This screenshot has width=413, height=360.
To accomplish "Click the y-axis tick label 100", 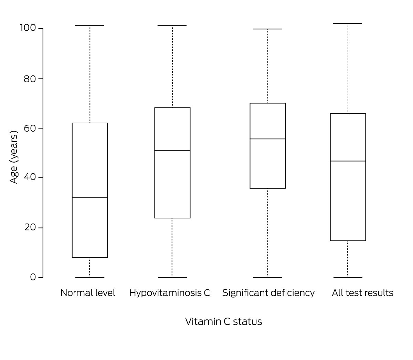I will tap(28, 28).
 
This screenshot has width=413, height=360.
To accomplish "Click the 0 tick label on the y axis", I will tap(33, 277).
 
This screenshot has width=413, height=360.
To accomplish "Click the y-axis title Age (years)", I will tap(14, 157).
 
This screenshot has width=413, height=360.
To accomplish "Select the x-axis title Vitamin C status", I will tap(223, 321).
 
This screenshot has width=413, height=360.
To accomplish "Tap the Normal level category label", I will tap(88, 293).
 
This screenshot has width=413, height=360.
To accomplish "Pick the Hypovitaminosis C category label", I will tap(169, 293).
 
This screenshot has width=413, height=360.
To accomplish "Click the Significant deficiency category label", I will tap(268, 293).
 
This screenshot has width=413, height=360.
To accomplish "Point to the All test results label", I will tap(362, 293).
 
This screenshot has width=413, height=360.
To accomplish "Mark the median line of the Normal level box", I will tap(90, 198).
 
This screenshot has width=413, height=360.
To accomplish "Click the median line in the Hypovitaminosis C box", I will tap(172, 151).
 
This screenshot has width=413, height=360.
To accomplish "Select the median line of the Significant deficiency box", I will tap(268, 139).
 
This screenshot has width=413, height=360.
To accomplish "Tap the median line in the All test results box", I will tap(348, 161).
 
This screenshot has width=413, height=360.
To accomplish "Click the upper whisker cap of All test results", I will tap(348, 23).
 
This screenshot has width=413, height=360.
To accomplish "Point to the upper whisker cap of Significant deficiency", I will tap(268, 29).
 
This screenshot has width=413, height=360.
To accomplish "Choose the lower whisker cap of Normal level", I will tap(90, 277).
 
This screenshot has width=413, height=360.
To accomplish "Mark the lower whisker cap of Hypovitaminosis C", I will tap(172, 277).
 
